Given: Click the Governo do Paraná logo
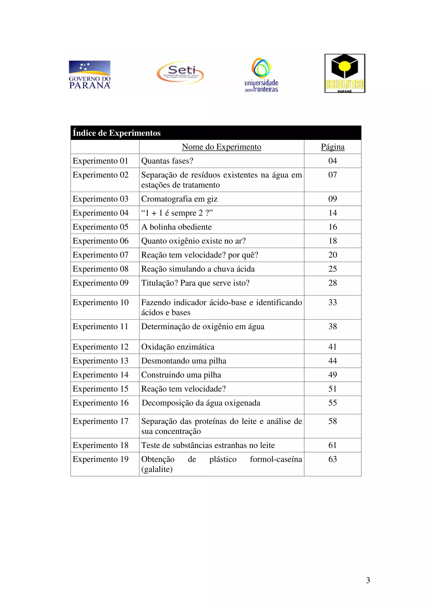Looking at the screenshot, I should (x=89, y=74).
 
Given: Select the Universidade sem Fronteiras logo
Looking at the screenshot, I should (x=261, y=75).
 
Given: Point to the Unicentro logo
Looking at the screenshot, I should (x=345, y=73).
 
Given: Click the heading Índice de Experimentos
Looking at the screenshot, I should (x=117, y=133).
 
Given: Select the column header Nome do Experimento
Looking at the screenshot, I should (x=221, y=147).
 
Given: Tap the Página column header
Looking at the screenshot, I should (x=332, y=147).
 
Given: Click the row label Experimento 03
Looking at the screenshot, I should (x=100, y=199).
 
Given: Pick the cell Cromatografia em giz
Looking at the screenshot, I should (x=179, y=199).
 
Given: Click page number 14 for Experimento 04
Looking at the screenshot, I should (x=332, y=213).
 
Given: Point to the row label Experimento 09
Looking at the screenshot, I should (x=100, y=283).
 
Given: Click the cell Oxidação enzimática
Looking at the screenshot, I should (x=178, y=347).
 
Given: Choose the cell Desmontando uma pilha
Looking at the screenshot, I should (x=184, y=361).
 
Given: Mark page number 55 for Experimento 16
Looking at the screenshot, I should (x=332, y=403).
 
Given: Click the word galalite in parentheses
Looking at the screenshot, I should (x=157, y=469).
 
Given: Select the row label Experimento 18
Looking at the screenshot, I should (x=100, y=445).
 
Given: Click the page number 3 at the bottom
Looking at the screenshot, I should (x=368, y=580).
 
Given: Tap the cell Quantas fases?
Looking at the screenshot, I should (x=167, y=161).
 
